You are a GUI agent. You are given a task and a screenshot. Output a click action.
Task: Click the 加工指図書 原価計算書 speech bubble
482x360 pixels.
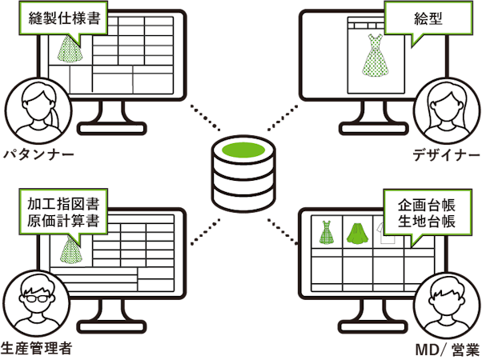(62, 210)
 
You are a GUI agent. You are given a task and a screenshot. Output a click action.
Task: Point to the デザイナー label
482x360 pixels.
(444, 154)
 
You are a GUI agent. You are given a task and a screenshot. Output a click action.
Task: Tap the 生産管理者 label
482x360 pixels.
(38, 348)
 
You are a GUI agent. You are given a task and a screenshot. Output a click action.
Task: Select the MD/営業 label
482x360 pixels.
(444, 348)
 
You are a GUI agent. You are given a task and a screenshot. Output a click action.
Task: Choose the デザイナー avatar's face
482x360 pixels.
(445, 106)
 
